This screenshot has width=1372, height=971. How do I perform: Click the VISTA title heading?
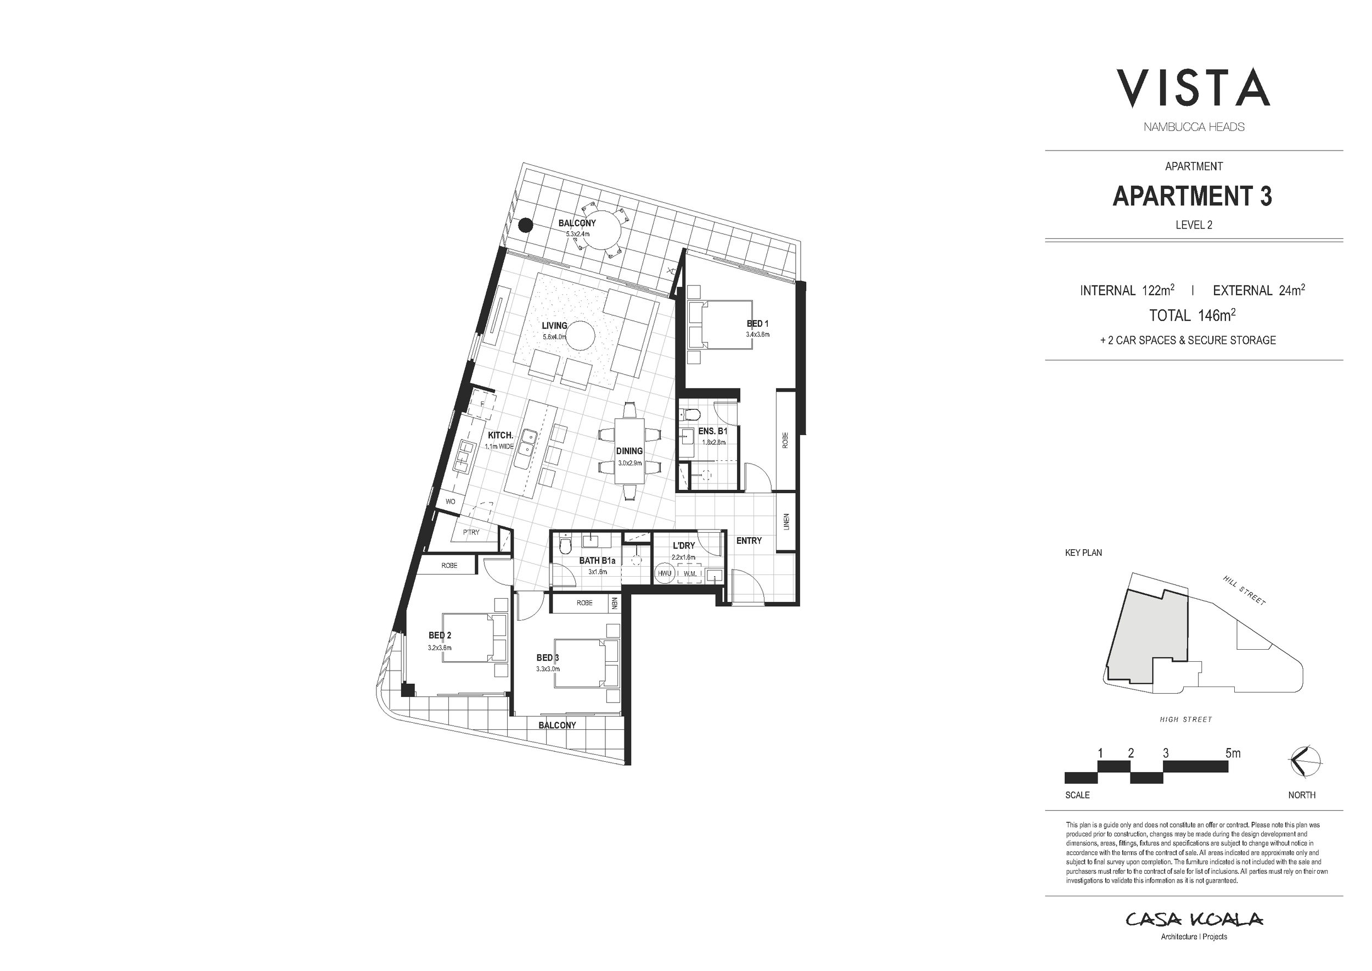pos(1193,88)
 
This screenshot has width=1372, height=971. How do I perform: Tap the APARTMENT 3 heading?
pos(1192,196)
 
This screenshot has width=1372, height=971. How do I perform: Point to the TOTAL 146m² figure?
pos(1192,315)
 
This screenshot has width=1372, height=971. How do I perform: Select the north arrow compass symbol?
pos(1306,762)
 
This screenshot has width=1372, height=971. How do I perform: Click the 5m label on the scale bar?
pos(1233,754)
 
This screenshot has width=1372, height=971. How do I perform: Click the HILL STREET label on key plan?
pos(1244,591)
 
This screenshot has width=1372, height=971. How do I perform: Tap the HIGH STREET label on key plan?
pos(1185,720)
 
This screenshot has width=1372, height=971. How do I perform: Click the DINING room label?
pos(629,451)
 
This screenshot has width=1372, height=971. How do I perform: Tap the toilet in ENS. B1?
pos(691,414)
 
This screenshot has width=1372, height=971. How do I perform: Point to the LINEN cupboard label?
pos(786,521)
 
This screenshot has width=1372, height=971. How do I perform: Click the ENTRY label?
pos(749,540)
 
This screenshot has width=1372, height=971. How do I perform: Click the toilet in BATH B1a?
pos(565,546)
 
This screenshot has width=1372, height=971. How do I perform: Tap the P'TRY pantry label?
pos(471,532)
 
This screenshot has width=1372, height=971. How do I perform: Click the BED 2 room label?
pos(439,635)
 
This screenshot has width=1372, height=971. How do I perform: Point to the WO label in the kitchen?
pos(451,501)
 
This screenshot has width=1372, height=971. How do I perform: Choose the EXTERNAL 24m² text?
pos(1258,291)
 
